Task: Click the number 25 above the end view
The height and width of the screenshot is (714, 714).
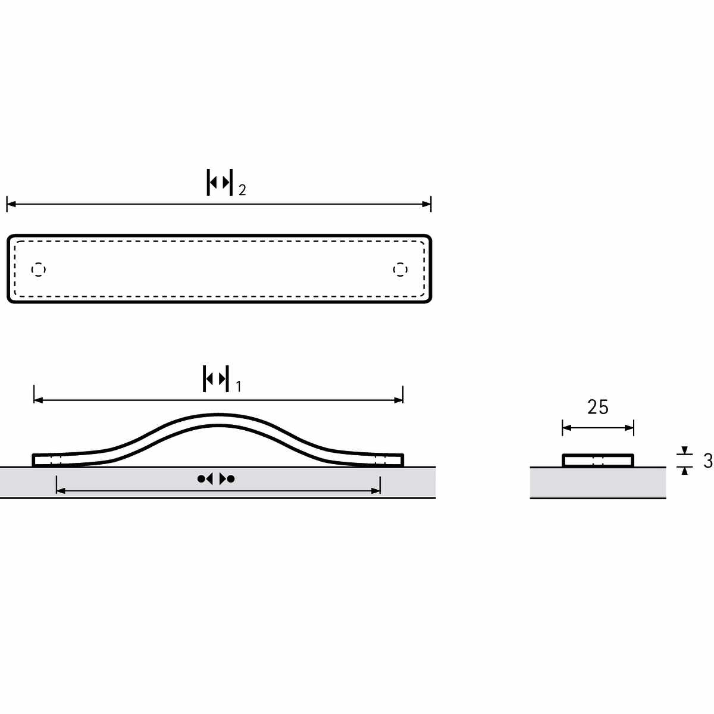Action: pos(597,407)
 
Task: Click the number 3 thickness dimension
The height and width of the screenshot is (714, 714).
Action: pos(707,461)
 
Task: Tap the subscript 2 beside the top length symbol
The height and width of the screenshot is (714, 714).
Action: pos(242,190)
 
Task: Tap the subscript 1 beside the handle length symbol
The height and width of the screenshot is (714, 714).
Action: pos(239,387)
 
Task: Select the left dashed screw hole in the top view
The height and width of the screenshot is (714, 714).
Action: pos(38,270)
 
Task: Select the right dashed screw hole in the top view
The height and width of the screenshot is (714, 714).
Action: pos(400,270)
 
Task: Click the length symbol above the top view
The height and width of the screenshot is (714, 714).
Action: pos(220,182)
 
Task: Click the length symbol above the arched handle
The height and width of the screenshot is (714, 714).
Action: pos(215,378)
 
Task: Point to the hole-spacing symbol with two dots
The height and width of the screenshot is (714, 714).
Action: pos(216,479)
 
